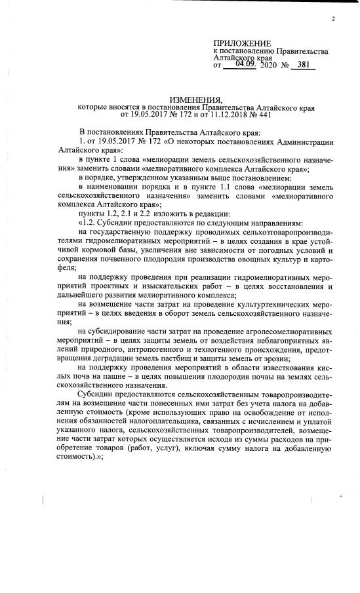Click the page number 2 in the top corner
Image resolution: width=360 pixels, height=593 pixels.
[x=333, y=18]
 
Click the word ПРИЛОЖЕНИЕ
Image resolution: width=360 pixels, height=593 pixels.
[x=241, y=43]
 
